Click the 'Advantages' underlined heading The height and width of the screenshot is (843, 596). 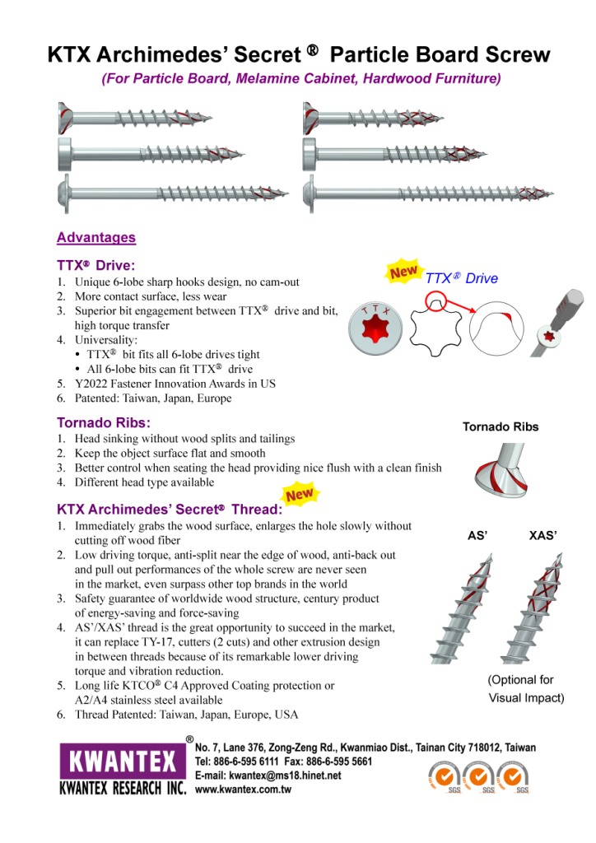pyautogui.click(x=96, y=238)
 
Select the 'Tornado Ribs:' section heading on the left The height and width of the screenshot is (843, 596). pyautogui.click(x=103, y=423)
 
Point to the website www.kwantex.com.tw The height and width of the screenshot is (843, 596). pyautogui.click(x=243, y=789)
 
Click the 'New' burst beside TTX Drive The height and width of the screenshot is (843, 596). pyautogui.click(x=403, y=272)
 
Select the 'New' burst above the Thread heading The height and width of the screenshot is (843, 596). pyautogui.click(x=299, y=495)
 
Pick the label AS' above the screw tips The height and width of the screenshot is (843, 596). pyautogui.click(x=478, y=536)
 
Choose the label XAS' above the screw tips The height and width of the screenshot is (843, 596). pyautogui.click(x=543, y=536)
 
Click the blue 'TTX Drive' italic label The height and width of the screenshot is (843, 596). pyautogui.click(x=462, y=278)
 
